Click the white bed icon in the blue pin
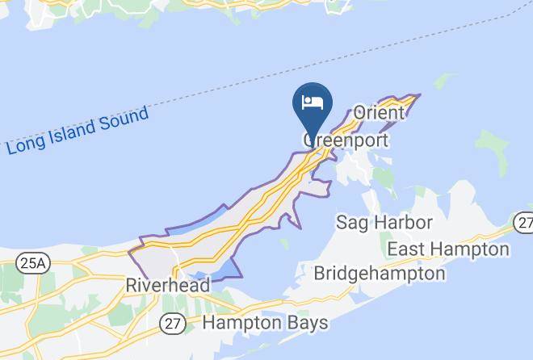point(312,103)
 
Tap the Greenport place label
point(346,140)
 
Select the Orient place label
point(379,113)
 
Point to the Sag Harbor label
point(384,222)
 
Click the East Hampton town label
point(448,249)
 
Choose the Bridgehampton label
point(380,273)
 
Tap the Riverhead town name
point(168,286)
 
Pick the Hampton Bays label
point(265,323)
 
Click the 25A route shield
point(33,262)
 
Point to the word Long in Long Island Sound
point(24,146)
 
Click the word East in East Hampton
point(407,249)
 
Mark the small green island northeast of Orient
point(443,81)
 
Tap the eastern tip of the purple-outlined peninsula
point(418,95)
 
